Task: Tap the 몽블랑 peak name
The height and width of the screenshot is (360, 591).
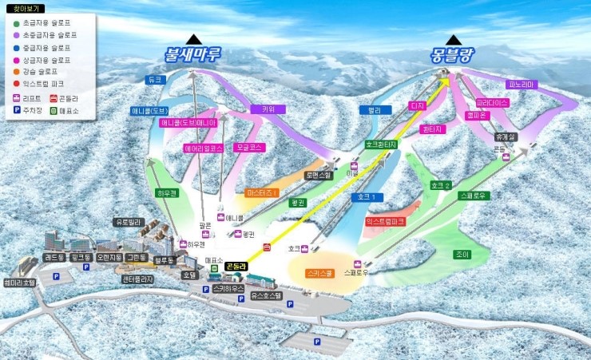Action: click(x=453, y=55)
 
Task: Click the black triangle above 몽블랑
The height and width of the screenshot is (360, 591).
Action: click(x=454, y=39)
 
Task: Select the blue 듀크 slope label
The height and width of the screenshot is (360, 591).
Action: click(x=155, y=80)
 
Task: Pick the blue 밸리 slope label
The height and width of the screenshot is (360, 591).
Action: click(x=369, y=110)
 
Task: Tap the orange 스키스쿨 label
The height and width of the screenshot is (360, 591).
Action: click(x=320, y=273)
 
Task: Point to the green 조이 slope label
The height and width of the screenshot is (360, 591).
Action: click(x=462, y=255)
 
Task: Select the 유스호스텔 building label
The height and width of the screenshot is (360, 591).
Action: click(x=266, y=295)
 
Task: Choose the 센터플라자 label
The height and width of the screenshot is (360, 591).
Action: click(x=138, y=279)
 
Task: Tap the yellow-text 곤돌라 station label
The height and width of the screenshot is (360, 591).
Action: click(x=236, y=267)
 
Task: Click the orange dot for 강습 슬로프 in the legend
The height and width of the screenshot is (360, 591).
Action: click(x=17, y=71)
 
